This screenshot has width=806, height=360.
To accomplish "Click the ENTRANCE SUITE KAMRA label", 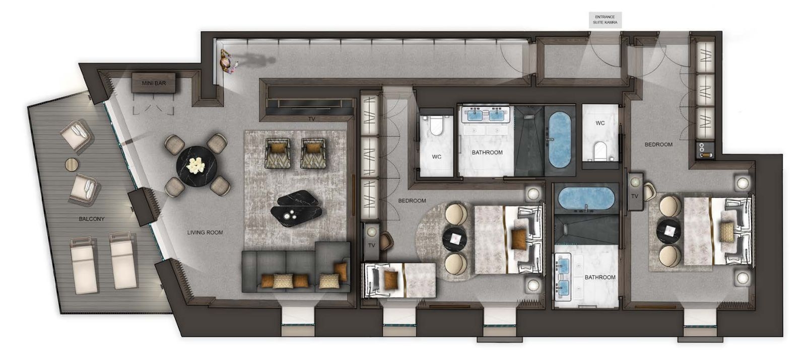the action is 605,20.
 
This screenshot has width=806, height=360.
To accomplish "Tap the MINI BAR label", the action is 154,83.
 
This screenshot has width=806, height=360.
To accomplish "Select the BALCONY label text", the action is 91,219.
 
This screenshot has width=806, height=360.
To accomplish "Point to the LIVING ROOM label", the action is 205,233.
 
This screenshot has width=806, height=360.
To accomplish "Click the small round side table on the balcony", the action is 72,164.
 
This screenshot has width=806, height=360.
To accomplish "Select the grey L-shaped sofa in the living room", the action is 296,266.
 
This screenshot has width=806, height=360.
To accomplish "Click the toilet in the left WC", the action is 436,125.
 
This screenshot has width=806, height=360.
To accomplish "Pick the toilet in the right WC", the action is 600,151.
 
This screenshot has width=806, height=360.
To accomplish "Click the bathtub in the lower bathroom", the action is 586,198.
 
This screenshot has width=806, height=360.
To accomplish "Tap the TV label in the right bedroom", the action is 634,196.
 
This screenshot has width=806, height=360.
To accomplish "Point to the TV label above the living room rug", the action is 312,119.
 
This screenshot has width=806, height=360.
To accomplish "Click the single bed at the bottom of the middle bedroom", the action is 400,280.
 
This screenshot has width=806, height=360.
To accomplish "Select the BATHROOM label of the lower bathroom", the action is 600,277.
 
